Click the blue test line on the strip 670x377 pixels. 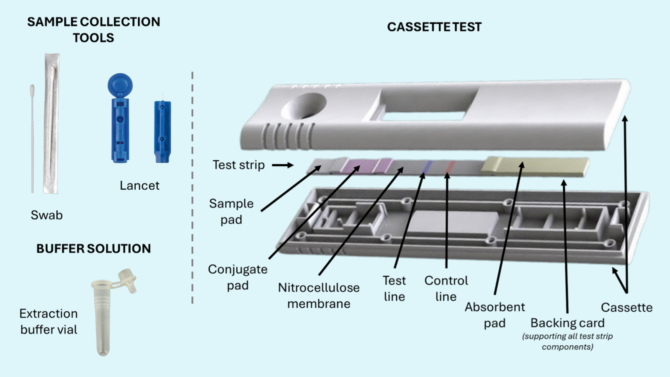(427, 167)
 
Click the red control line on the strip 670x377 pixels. (450, 167)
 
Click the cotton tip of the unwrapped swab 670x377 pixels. (32, 90)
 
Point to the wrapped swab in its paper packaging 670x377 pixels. (52, 124)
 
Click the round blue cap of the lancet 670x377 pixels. (120, 85)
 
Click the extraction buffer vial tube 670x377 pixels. (103, 318)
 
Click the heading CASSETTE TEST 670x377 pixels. (434, 27)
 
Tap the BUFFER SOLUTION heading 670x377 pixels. (93, 249)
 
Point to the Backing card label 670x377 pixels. (567, 323)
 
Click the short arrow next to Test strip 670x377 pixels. (283, 165)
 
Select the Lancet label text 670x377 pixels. (139, 186)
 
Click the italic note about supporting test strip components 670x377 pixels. (567, 341)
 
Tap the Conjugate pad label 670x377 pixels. (237, 277)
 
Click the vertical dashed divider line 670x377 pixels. (192, 188)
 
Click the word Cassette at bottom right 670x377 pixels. (626, 307)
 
